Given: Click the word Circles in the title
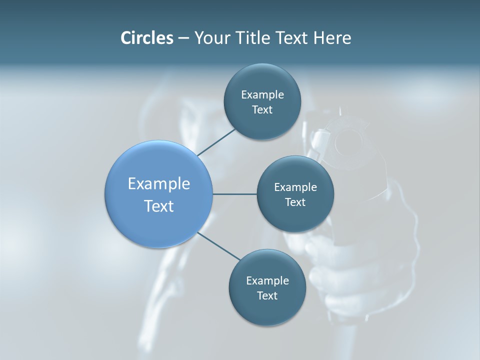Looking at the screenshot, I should (x=146, y=38).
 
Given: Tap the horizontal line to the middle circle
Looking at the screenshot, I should (x=234, y=194).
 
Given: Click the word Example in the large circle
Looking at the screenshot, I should (x=159, y=184).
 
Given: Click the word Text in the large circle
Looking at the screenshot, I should (x=159, y=206).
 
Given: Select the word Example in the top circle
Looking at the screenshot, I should (x=262, y=95).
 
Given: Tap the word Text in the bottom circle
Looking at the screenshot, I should (x=267, y=296).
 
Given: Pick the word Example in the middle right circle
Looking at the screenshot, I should (x=295, y=187).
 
